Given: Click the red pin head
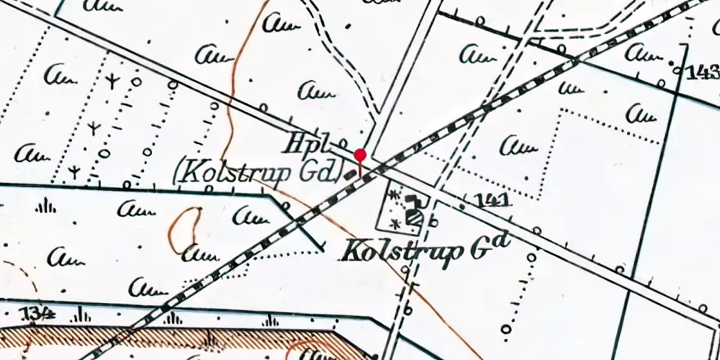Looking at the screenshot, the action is click(361, 154).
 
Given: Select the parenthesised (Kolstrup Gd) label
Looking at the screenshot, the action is click(258, 173).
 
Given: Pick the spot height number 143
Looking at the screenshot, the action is click(703, 72).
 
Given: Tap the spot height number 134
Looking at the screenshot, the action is click(40, 312).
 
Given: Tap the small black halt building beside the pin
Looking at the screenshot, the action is click(351, 174).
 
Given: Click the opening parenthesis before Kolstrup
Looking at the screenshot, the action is click(179, 173).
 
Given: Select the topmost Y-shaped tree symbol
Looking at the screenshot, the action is click(112, 81).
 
